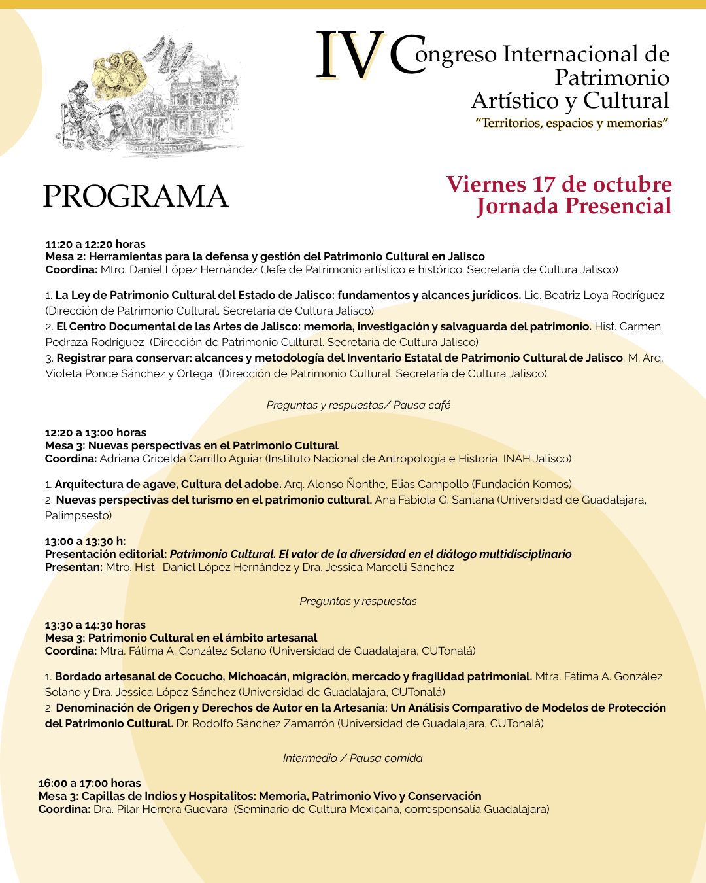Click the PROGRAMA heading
click(x=135, y=196)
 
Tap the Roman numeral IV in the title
click(x=350, y=57)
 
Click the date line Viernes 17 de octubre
click(x=559, y=184)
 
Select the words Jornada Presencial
click(x=574, y=206)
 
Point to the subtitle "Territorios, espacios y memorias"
click(x=572, y=123)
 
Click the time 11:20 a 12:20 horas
click(x=95, y=244)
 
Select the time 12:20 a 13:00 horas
click(x=95, y=432)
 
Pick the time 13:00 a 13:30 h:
click(x=85, y=541)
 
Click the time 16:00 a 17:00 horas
click(x=90, y=783)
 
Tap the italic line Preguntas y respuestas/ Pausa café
click(x=358, y=405)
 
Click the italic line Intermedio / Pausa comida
click(x=352, y=758)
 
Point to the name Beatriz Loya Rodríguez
click(x=604, y=295)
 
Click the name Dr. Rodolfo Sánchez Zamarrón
click(x=255, y=723)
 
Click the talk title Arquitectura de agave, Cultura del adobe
click(x=168, y=484)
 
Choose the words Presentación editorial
click(x=105, y=554)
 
